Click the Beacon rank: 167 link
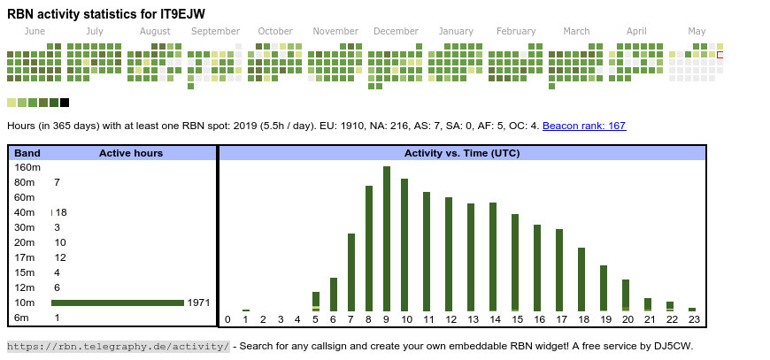pyautogui.click(x=584, y=126)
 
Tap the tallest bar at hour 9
pyautogui.click(x=387, y=239)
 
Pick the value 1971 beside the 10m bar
pyautogui.click(x=198, y=303)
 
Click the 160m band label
pyautogui.click(x=27, y=167)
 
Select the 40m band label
pyautogui.click(x=25, y=212)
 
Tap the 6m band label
pyautogui.click(x=22, y=318)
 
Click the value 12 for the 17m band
pyautogui.click(x=60, y=257)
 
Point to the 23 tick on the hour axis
pyautogui.click(x=693, y=319)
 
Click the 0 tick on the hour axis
pyautogui.click(x=227, y=319)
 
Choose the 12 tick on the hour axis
pyautogui.click(x=449, y=319)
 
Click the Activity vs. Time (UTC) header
pyautogui.click(x=462, y=153)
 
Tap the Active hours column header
pyautogui.click(x=131, y=153)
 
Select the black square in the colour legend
pyautogui.click(x=65, y=103)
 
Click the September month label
pyautogui.click(x=215, y=32)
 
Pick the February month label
pyautogui.click(x=516, y=32)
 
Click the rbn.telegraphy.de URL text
pyautogui.click(x=118, y=346)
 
